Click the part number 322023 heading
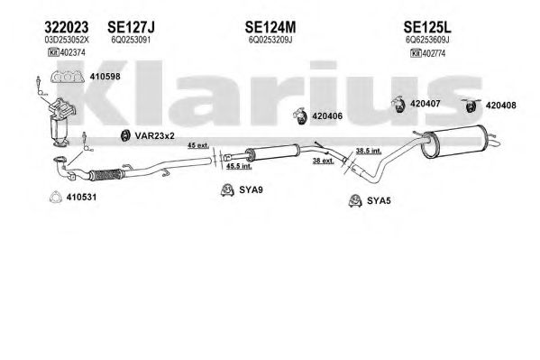pyautogui.click(x=67, y=27)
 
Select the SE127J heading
pyautogui.click(x=132, y=27)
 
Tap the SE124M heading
pyautogui.click(x=270, y=27)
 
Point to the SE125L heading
pyautogui.click(x=427, y=27)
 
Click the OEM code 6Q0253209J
pyautogui.click(x=270, y=40)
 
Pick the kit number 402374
pyautogui.click(x=73, y=52)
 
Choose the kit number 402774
pyautogui.click(x=434, y=53)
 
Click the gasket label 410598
pyautogui.click(x=105, y=77)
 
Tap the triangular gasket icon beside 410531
pyautogui.click(x=56, y=197)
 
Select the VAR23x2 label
pyautogui.click(x=155, y=136)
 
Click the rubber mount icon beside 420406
pyautogui.click(x=300, y=115)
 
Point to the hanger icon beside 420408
pyautogui.click(x=471, y=105)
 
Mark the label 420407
pyautogui.click(x=426, y=104)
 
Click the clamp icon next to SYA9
pyautogui.click(x=227, y=190)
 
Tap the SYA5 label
pyautogui.click(x=379, y=200)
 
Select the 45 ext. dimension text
pyautogui.click(x=198, y=145)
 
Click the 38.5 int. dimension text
pyautogui.click(x=369, y=151)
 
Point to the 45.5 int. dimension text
pyautogui.click(x=239, y=166)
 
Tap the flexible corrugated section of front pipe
pyautogui.click(x=105, y=175)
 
